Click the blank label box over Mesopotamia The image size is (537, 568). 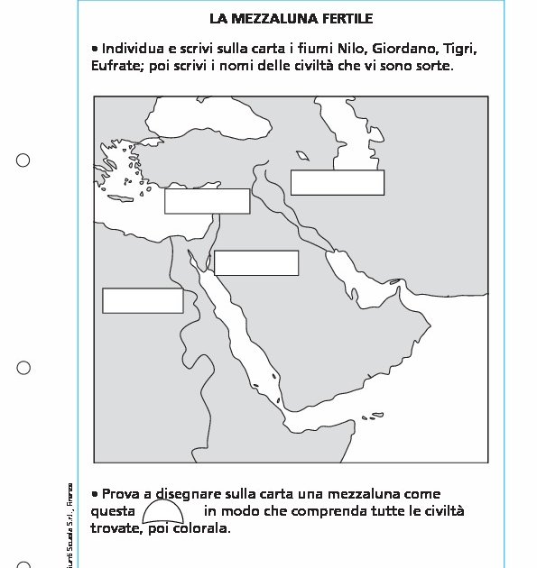pos(337,182)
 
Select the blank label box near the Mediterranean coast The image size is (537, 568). pos(207,201)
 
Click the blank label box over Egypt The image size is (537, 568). pos(143,300)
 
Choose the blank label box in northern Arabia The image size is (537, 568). pos(256,262)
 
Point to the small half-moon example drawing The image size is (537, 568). pos(162,512)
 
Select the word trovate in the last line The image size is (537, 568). pos(115,528)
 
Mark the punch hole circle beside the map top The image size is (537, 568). pos(23,160)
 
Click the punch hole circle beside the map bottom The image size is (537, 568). pos(23,368)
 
